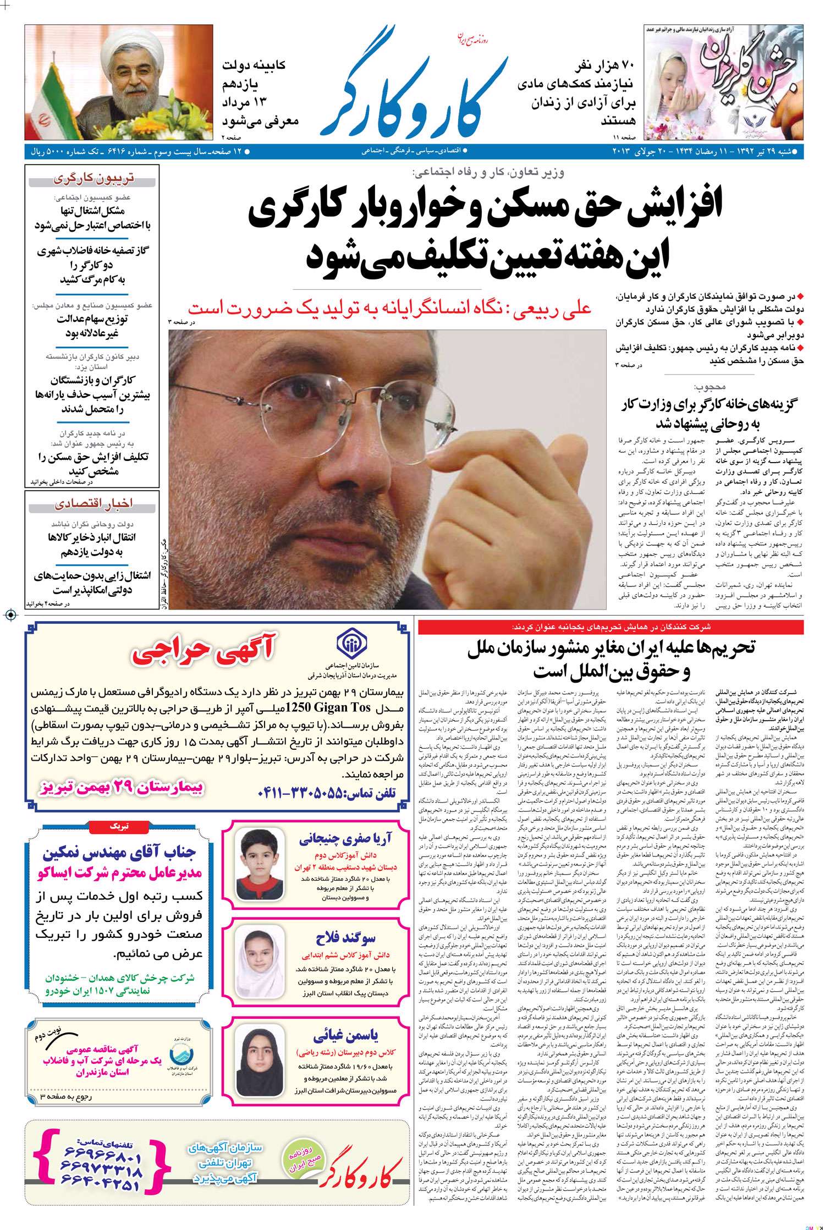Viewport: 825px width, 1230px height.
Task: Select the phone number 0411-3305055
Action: coord(327,793)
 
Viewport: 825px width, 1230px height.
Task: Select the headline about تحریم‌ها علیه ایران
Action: coord(610,659)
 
